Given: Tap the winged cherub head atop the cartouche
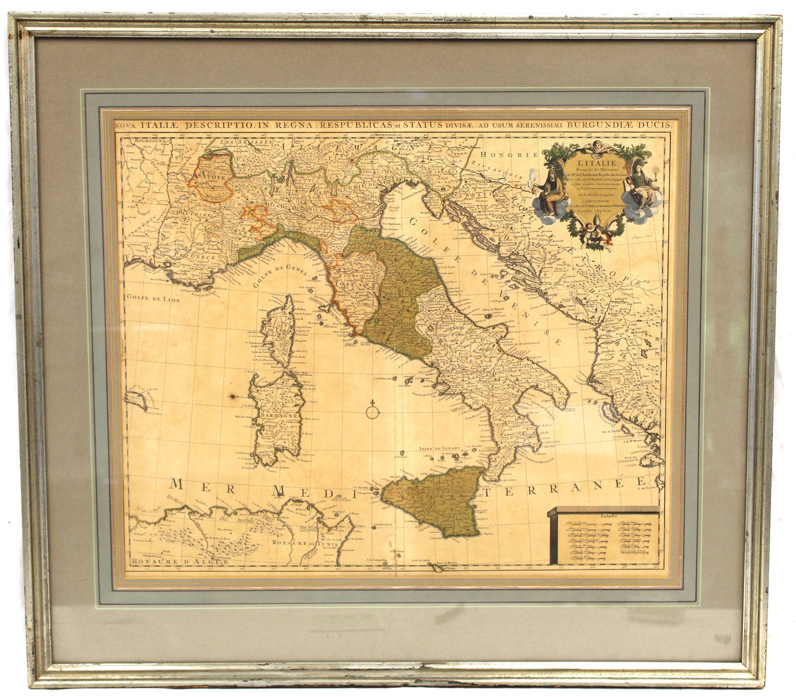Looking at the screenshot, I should (593, 147).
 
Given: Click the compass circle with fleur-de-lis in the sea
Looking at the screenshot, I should (373, 411).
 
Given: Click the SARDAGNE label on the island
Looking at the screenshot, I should (278, 415).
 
